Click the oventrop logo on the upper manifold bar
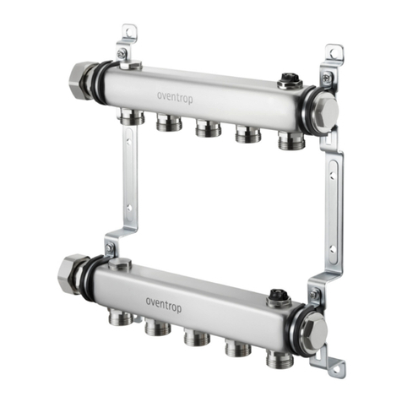[x=175, y=98]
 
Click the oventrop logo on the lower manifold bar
[x=164, y=306]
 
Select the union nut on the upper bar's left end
[x=81, y=81]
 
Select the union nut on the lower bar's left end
[x=70, y=274]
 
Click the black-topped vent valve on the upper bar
[x=290, y=81]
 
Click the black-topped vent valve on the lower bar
[x=279, y=297]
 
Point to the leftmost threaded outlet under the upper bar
[x=132, y=117]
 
